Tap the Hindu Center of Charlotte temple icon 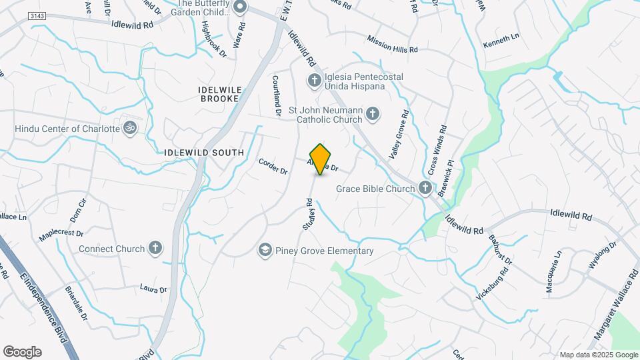(x=130, y=128)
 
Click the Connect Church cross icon (x=155, y=249)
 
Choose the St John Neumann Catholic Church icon (x=373, y=115)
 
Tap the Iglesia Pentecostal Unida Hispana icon (x=314, y=81)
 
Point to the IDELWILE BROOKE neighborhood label (x=219, y=93)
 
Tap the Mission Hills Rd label (x=391, y=44)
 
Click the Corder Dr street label (x=273, y=166)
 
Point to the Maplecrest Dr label (x=61, y=234)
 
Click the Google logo (x=22, y=352)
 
